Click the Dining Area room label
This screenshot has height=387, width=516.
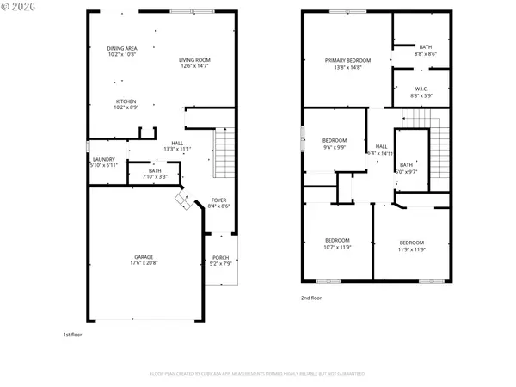point(121,52)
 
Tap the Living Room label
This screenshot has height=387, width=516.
point(194,63)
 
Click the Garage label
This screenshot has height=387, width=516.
point(144,259)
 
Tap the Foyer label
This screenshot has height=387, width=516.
point(219,203)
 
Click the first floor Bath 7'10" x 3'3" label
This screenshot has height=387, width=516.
point(155,175)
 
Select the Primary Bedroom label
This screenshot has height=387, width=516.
point(347,64)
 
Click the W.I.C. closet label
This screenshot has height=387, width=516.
point(421,92)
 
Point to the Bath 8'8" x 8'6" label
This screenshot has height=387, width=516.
point(426,51)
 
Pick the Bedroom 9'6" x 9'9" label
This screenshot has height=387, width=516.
point(334,144)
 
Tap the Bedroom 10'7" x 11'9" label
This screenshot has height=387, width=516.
point(337,243)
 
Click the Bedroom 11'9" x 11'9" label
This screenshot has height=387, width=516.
point(411,243)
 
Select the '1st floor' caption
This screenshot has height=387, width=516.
point(72,335)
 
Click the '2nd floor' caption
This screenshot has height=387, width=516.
point(311,298)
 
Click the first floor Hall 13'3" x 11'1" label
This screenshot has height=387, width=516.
point(177,146)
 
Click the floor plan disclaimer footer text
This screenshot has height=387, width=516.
point(258,374)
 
